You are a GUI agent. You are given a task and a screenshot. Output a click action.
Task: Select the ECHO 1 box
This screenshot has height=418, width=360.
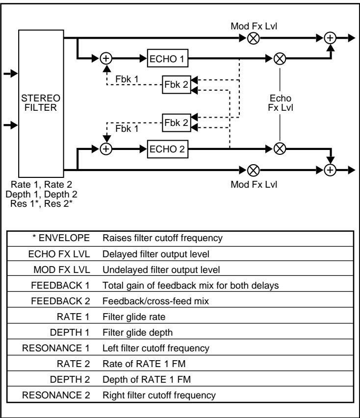(167, 58)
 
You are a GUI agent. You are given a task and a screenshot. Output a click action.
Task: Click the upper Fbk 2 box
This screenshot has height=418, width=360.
(176, 84)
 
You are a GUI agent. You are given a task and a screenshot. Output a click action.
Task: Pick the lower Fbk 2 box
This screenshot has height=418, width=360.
(176, 123)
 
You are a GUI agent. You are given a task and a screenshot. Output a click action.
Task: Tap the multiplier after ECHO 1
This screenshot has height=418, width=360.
(280, 58)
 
